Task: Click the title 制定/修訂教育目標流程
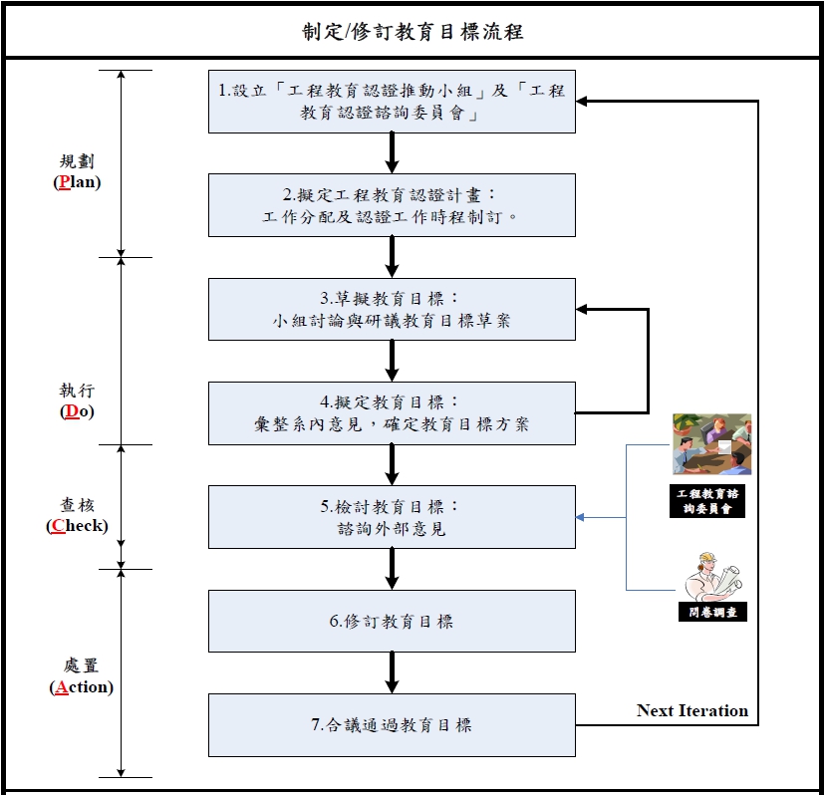(x=413, y=32)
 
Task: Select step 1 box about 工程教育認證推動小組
(x=392, y=102)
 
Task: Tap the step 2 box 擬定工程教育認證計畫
(x=392, y=205)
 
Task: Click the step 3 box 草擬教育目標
(x=392, y=309)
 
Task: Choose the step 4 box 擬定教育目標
(x=392, y=412)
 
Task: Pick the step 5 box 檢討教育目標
(x=392, y=517)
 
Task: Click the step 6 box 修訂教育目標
(x=392, y=621)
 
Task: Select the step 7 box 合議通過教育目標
(x=392, y=725)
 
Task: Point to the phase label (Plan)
(x=77, y=182)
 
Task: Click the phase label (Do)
(x=77, y=411)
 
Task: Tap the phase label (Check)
(x=77, y=525)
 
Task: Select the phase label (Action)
(x=80, y=686)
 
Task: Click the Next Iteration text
(x=691, y=710)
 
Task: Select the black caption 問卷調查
(x=710, y=612)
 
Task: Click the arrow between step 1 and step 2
(x=392, y=152)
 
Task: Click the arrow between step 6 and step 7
(x=392, y=672)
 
